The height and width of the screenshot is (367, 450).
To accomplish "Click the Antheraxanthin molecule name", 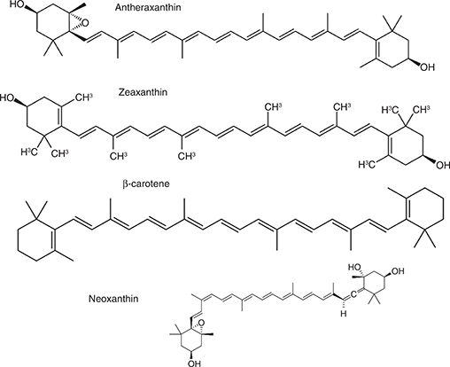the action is (x=148, y=7).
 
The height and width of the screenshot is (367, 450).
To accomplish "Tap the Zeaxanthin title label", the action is (x=143, y=92).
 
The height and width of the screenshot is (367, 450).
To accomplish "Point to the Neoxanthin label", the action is (x=113, y=299).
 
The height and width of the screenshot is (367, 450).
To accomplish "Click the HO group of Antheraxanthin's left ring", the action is (x=17, y=5).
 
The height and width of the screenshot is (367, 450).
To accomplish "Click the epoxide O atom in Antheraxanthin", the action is (x=85, y=23).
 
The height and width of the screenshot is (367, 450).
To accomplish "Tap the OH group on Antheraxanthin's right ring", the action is (x=428, y=67).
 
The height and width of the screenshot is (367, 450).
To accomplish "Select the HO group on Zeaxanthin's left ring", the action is (x=7, y=98).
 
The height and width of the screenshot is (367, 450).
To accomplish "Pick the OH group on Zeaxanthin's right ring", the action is (x=443, y=165).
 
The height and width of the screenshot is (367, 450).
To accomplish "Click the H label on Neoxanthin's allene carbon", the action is (x=344, y=314).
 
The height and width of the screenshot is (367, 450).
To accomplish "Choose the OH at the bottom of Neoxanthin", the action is (x=194, y=363).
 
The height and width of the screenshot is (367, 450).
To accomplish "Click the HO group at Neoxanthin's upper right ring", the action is (x=354, y=267).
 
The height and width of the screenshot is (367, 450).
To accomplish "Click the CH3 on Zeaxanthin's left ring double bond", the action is (x=83, y=98).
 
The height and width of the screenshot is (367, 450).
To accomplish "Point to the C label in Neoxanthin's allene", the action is (x=353, y=294).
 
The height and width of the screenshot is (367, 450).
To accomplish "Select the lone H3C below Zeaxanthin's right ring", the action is (x=367, y=165).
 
